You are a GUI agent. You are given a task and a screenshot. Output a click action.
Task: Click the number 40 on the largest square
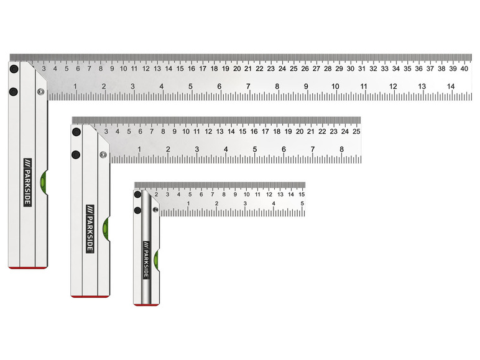pyautogui.click(x=464, y=68)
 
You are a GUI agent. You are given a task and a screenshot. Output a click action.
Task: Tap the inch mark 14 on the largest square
pyautogui.click(x=451, y=86)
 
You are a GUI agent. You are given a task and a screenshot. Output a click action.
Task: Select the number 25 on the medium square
pyautogui.click(x=356, y=131)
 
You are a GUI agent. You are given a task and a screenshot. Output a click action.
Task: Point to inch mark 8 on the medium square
pyautogui.click(x=341, y=149)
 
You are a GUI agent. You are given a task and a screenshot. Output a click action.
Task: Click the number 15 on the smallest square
pyautogui.click(x=302, y=195)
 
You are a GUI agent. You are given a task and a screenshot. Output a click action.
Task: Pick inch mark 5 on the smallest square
pyautogui.click(x=302, y=203)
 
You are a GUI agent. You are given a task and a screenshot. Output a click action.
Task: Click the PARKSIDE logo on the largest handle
pyautogui.click(x=27, y=182)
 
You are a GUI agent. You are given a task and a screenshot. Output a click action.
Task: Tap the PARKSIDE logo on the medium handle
pyautogui.click(x=90, y=229)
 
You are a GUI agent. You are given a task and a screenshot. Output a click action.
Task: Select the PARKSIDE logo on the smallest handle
pyautogui.click(x=146, y=260)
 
